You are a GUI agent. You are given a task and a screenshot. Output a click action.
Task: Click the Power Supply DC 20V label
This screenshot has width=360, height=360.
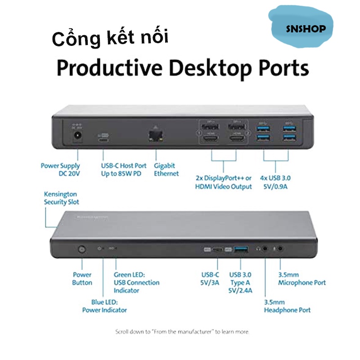tap(60, 169)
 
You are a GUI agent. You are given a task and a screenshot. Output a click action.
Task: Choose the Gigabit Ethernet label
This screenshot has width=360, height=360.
tap(166, 169)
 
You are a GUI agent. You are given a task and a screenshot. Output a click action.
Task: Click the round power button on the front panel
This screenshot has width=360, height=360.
tap(82, 248)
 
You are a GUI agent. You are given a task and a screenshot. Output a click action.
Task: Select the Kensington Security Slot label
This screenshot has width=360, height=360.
tap(62, 198)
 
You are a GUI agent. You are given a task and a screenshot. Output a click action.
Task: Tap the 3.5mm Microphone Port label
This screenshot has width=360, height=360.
tap(301, 279)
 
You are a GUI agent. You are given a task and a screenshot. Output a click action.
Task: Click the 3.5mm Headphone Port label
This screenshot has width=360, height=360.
tap(287, 306)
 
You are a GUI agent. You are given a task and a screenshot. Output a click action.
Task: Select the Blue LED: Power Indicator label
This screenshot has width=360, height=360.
tap(104, 306)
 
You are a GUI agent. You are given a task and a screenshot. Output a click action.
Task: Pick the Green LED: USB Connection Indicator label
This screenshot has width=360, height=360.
tap(136, 282)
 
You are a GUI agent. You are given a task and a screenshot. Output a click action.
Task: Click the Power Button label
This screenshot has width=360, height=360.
tap(82, 279)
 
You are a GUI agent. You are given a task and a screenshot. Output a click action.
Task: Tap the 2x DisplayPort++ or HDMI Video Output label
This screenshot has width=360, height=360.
tap(224, 182)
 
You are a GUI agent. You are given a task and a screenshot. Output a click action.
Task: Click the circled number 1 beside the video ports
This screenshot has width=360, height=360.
tap(198, 133)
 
